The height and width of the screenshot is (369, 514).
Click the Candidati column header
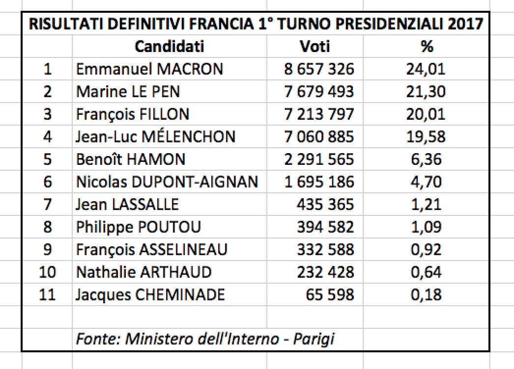(169, 47)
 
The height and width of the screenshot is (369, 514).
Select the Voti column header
(315, 47)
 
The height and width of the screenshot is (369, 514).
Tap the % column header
(427, 47)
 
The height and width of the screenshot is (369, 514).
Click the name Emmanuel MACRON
(149, 69)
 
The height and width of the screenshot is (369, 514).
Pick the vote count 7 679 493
(319, 91)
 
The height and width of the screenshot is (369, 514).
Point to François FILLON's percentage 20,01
(426, 114)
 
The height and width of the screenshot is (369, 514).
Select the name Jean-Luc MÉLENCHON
(156, 136)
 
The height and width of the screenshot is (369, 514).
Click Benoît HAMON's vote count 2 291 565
(319, 159)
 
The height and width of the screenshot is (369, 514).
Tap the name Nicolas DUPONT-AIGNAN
(167, 182)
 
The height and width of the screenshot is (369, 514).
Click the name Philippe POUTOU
(139, 227)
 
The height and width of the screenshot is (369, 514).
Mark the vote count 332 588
(325, 249)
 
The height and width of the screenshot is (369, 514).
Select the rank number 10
(48, 272)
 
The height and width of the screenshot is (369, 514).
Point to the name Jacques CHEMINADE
(150, 294)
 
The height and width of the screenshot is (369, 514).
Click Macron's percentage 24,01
(426, 69)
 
